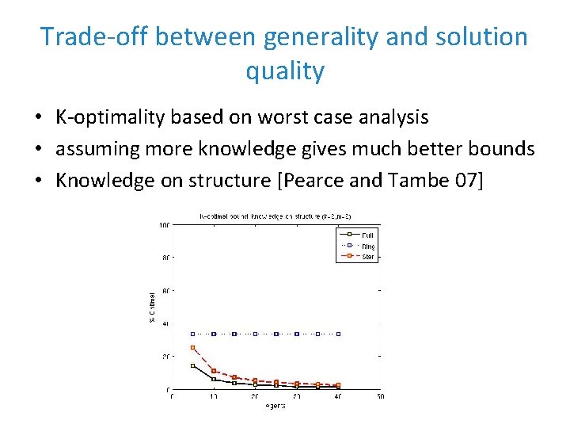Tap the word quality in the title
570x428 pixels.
[285, 71]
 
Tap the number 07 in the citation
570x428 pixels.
[466, 181]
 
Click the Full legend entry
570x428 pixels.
[368, 235]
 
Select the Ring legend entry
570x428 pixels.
[368, 246]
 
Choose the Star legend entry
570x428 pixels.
[368, 258]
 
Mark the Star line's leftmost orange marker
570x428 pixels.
[193, 348]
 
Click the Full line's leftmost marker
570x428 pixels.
[193, 365]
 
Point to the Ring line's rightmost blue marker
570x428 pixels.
[339, 334]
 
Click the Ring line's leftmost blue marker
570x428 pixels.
[193, 334]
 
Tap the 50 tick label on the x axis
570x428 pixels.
[380, 397]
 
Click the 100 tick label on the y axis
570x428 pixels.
[164, 225]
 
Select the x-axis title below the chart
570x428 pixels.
[275, 406]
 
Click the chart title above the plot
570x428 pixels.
[275, 216]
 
